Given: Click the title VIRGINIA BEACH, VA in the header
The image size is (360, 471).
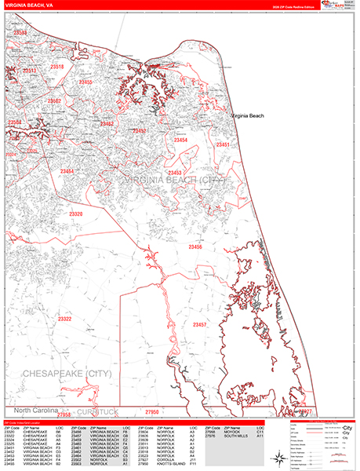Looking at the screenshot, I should [x=27, y=4].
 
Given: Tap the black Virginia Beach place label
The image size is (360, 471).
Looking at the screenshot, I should [x=247, y=115].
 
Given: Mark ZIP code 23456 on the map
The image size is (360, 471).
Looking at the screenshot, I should [x=195, y=247].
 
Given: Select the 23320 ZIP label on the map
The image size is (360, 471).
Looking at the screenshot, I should [x=75, y=214].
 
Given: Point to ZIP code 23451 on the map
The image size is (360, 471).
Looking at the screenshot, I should [x=224, y=145].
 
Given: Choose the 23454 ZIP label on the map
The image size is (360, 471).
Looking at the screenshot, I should [x=180, y=141].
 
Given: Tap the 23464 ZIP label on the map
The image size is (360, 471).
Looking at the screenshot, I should [x=66, y=171].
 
